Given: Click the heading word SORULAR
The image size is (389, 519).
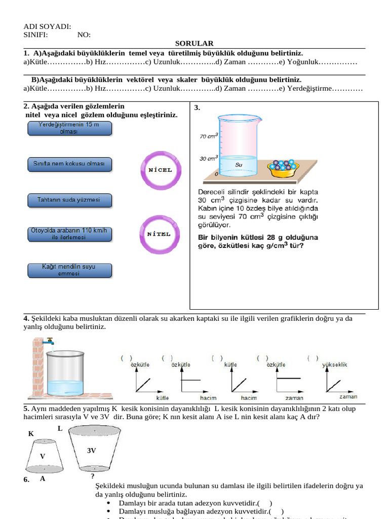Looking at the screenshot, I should point(194,44).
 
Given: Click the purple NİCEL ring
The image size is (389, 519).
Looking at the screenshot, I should point(160,170).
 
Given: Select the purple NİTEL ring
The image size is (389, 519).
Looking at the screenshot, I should point(159,234).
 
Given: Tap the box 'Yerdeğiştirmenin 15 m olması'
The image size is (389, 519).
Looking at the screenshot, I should point(69,128).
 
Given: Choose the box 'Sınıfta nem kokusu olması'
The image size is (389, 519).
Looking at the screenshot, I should point(69,164).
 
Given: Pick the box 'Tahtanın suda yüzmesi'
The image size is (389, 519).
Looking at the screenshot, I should point(69,200).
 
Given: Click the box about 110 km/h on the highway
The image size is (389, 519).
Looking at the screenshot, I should point(69,234).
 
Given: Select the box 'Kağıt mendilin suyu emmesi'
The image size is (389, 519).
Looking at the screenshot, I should point(69,270).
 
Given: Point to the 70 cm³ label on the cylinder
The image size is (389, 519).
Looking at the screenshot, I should point(208,136).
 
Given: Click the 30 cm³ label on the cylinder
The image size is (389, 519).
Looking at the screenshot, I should point(208,158).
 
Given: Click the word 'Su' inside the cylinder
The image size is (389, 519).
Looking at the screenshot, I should point(239,165).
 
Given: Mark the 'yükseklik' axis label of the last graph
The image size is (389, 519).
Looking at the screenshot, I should point(334,364).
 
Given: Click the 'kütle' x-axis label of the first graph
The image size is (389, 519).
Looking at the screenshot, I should point(163,397).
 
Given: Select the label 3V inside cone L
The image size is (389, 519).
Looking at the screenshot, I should point(92,450).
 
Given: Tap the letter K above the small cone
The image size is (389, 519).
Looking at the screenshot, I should point(31,434).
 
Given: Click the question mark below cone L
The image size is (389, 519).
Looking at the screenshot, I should point(93,476).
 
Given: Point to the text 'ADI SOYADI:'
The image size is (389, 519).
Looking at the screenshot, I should point(47,27).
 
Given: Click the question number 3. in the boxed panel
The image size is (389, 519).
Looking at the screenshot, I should point(198,108).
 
